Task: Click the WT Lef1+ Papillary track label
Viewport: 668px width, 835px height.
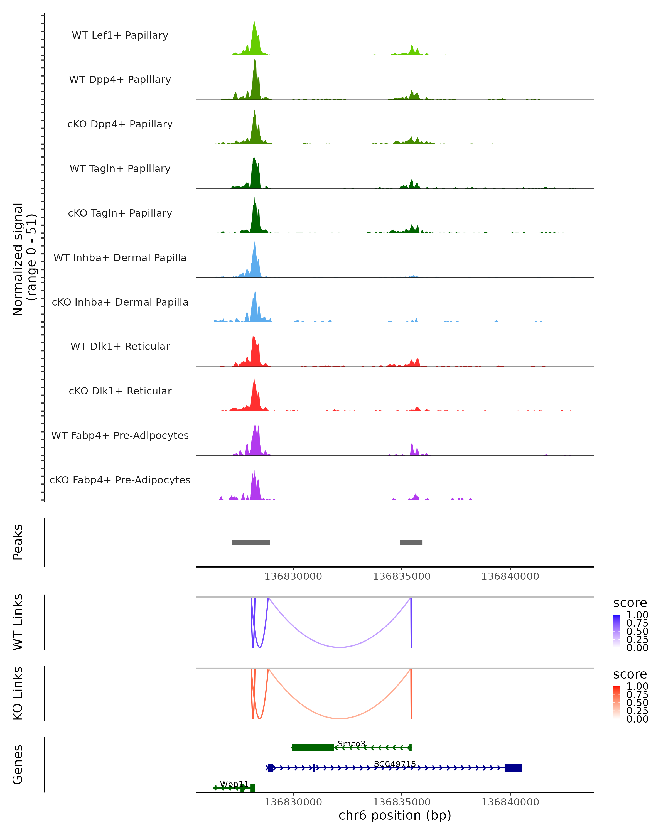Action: [x=120, y=35]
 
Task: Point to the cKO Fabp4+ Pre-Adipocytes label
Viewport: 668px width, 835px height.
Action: [x=120, y=480]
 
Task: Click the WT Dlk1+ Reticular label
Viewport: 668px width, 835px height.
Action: [x=120, y=346]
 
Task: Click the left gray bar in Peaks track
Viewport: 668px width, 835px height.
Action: [x=251, y=542]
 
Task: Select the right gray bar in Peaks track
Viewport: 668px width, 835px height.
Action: [x=411, y=542]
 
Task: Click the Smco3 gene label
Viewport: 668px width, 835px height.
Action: [x=351, y=744]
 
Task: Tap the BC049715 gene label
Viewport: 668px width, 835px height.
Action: [x=395, y=764]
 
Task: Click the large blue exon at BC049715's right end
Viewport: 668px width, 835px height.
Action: [x=513, y=768]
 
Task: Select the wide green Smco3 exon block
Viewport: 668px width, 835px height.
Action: [x=313, y=748]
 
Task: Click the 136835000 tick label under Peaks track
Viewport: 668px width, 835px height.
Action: [x=402, y=576]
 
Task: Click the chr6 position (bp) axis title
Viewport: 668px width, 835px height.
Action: [x=395, y=816]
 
